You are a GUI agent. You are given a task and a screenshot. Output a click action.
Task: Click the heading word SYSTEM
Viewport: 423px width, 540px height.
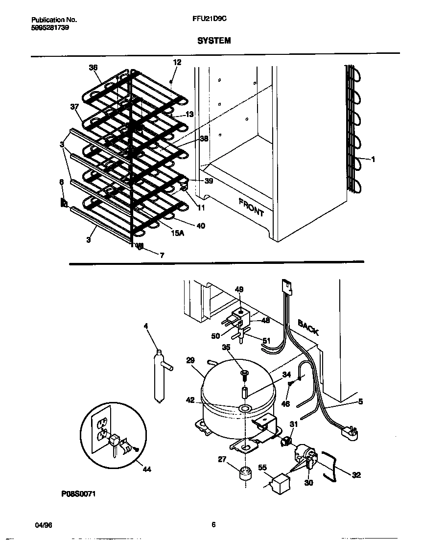point(213,41)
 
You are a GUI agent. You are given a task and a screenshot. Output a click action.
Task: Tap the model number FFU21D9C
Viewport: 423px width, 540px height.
point(210,20)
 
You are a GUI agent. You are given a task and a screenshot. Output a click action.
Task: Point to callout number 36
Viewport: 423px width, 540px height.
point(93,68)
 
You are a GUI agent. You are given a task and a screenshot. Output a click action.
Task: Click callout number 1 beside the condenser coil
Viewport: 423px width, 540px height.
point(373,159)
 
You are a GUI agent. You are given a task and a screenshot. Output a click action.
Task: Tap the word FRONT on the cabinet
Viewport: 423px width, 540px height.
point(251,208)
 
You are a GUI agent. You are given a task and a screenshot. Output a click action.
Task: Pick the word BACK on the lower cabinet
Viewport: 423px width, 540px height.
point(308,327)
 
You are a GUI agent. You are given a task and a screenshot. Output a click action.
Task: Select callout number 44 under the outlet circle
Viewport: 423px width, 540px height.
point(146,470)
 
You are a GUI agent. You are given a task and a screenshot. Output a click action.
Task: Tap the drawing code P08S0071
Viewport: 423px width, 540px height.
point(78,494)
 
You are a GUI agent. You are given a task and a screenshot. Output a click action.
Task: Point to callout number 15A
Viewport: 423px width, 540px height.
point(178,234)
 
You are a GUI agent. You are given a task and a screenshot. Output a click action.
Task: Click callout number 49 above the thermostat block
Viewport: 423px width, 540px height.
point(239,290)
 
